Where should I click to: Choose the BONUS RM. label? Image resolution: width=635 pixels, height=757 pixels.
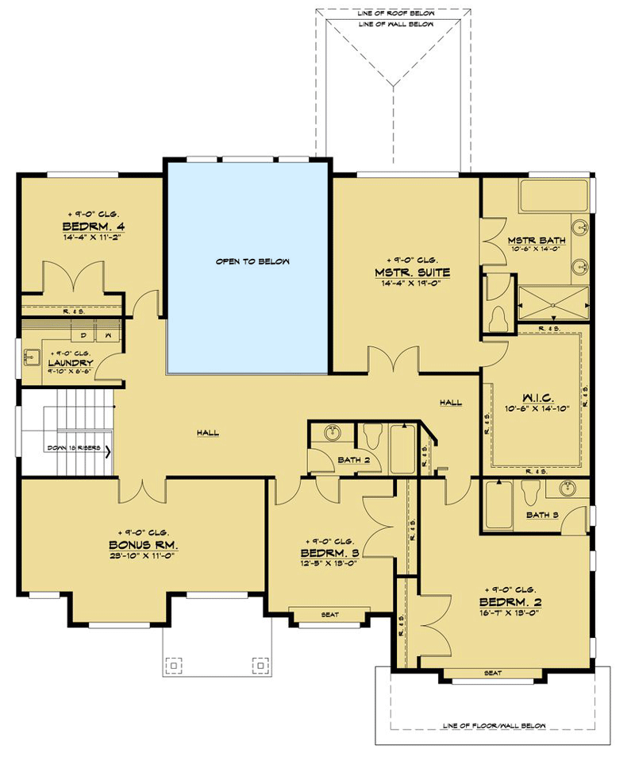tap(143, 545)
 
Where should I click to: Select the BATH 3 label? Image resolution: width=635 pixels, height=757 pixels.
tap(542, 515)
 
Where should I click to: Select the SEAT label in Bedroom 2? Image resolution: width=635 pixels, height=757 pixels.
tap(492, 674)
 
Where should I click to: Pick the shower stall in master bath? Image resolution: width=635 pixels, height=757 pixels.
tap(553, 303)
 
